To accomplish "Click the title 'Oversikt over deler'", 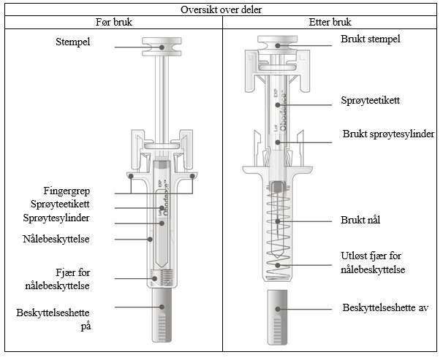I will (x=221, y=9).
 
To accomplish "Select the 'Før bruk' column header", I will (x=113, y=22).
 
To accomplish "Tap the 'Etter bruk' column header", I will (x=331, y=22).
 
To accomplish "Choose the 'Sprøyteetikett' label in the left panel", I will (x=66, y=204).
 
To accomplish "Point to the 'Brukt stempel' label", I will (x=371, y=39).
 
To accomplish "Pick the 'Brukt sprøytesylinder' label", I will (x=389, y=134).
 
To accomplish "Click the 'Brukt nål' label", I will (x=361, y=220).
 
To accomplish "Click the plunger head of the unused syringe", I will (x=162, y=46).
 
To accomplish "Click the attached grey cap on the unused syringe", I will (x=162, y=316).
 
